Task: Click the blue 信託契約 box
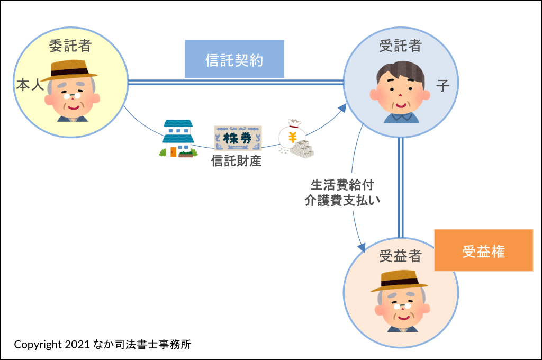coord(234,59)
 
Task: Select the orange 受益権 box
coord(483,250)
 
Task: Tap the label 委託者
coord(70,46)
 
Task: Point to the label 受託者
coord(400,46)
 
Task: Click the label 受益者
coord(400,257)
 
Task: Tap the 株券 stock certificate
coord(237,139)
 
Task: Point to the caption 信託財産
coord(237,161)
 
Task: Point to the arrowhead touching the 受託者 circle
coord(342,109)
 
